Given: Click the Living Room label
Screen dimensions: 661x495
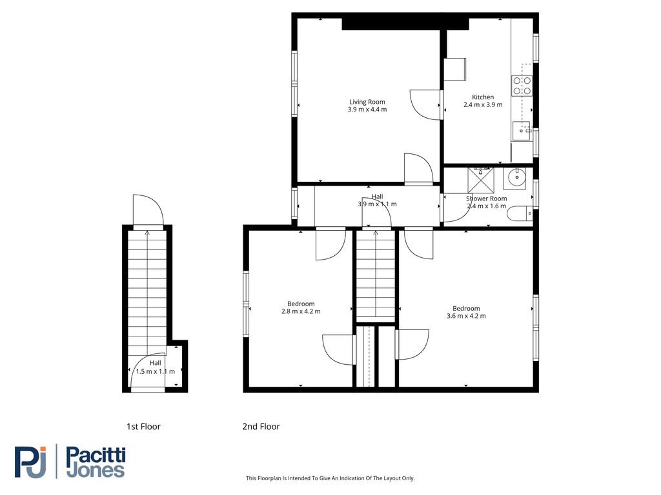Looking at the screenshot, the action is [367, 102].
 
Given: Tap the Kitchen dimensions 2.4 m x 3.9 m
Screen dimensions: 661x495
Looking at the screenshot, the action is [483, 105].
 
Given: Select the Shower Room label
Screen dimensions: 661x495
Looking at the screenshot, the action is [487, 199].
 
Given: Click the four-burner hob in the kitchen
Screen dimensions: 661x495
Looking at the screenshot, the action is [522, 86].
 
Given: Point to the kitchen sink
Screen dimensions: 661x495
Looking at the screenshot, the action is [522, 131].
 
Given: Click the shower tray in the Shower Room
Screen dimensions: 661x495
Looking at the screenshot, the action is [480, 180].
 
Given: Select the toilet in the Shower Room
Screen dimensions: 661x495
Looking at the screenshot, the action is [520, 214].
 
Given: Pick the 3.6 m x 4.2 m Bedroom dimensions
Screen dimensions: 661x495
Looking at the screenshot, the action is [466, 316].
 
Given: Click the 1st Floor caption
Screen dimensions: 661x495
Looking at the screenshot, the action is [143, 427].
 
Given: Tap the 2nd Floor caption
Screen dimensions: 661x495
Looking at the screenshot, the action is [261, 427].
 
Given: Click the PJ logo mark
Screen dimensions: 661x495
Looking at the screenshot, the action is [30, 462].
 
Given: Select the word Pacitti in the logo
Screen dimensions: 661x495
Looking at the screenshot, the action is [96, 456].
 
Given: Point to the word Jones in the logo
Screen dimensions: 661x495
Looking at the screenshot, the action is [96, 470].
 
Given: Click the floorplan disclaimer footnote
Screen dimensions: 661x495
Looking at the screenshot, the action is [330, 478].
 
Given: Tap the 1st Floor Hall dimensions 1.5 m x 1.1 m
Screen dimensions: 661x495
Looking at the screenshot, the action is [155, 372].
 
